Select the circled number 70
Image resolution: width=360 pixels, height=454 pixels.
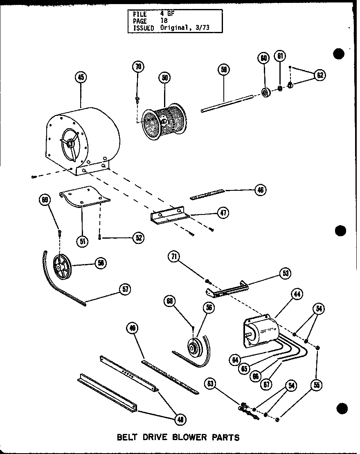pyautogui.click(x=138, y=67)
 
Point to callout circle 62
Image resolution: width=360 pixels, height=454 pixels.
pyautogui.click(x=320, y=75)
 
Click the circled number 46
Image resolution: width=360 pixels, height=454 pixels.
pyautogui.click(x=260, y=189)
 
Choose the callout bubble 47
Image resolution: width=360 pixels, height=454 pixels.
pyautogui.click(x=223, y=213)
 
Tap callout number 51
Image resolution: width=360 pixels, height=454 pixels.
pyautogui.click(x=83, y=241)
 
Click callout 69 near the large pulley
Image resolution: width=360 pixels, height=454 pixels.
pyautogui.click(x=45, y=200)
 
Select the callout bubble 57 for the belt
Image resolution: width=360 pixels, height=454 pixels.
pyautogui.click(x=125, y=289)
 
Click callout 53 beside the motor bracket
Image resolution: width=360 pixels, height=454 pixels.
pyautogui.click(x=285, y=273)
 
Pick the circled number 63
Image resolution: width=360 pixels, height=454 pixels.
pyautogui.click(x=211, y=384)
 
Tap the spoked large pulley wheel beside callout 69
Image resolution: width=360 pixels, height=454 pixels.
pyautogui.click(x=62, y=267)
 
